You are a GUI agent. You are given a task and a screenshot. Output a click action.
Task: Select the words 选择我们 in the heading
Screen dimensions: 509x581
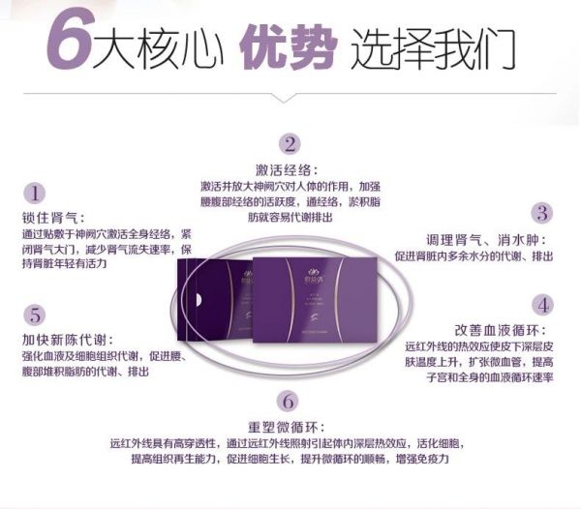click(433, 45)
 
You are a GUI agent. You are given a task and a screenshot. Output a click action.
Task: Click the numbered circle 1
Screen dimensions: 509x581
click(36, 193)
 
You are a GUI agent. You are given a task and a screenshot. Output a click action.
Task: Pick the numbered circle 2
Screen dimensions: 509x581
click(290, 144)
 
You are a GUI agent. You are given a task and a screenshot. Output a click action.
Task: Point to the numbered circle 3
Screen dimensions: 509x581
click(542, 213)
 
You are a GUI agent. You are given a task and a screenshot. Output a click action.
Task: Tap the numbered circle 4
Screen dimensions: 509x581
click(543, 304)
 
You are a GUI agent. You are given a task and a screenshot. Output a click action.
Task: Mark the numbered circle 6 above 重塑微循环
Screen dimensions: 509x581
click(287, 401)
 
